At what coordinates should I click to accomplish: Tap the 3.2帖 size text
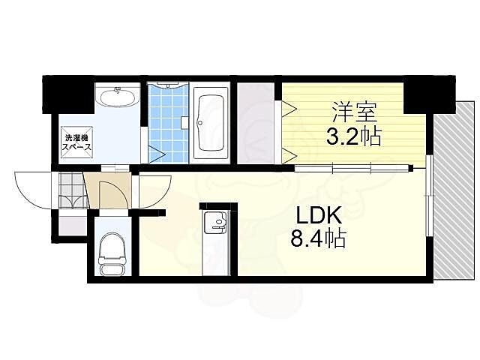354,137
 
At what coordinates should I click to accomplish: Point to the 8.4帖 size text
319,240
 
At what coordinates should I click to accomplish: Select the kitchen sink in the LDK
217,220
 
